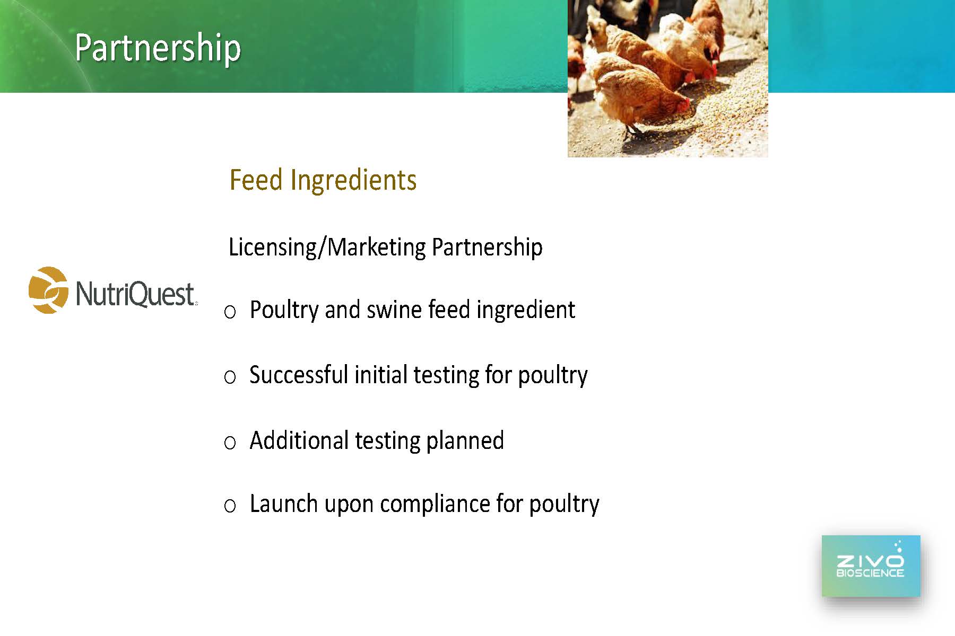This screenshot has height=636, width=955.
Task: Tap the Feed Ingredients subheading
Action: tap(323, 180)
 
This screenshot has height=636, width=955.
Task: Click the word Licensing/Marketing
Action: tap(327, 248)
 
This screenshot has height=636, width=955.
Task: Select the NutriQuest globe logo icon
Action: tap(48, 290)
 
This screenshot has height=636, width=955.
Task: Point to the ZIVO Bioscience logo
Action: tap(871, 566)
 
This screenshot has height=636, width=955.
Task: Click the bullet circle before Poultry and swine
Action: tap(230, 312)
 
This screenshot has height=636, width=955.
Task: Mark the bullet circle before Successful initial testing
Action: tap(230, 377)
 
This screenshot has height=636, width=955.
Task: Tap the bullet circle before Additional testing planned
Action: tap(230, 443)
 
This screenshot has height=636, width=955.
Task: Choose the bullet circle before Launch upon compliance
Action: tap(230, 506)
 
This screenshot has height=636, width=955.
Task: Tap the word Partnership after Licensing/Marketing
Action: tap(487, 248)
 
